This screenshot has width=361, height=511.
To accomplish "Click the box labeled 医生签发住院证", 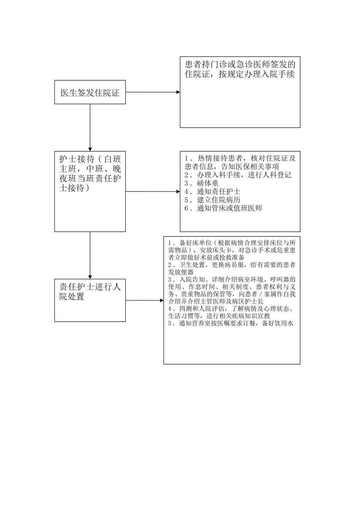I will [x=90, y=92].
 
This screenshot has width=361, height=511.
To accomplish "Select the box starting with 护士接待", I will [x=90, y=191].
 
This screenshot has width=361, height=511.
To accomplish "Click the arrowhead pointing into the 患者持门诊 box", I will [x=178, y=92].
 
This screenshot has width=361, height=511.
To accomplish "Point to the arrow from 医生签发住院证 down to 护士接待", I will [x=90, y=127].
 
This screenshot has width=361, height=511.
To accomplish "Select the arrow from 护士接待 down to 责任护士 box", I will [x=90, y=255].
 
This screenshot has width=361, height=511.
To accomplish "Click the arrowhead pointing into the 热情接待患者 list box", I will [x=178, y=191].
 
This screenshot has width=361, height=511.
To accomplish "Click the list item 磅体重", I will [x=207, y=183].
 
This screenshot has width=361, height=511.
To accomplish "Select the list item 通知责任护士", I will [x=218, y=192].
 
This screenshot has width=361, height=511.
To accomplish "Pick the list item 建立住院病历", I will [x=218, y=200].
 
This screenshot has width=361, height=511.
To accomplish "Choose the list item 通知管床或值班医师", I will [x=229, y=208].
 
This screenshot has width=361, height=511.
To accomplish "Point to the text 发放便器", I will [x=181, y=272].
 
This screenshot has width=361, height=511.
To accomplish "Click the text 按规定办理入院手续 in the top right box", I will [x=257, y=74].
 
